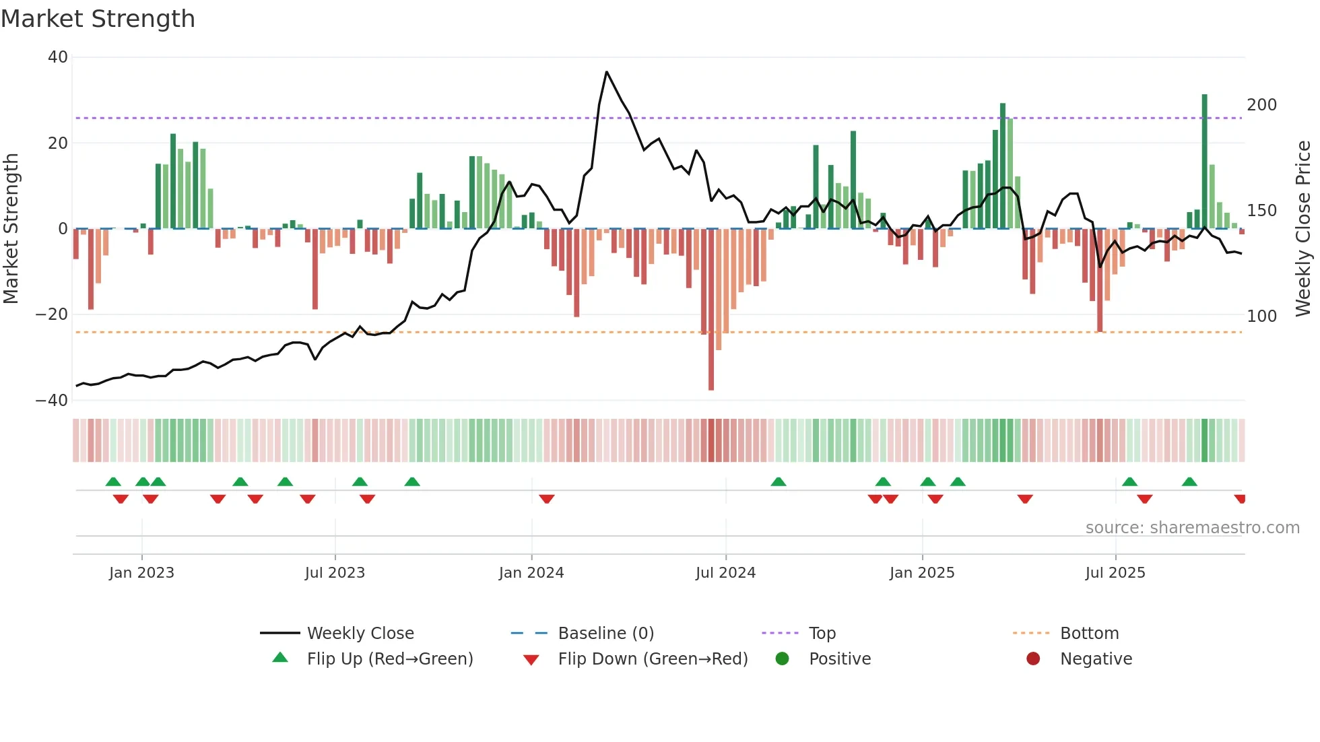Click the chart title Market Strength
pyautogui.click(x=98, y=19)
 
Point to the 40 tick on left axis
pyautogui.click(x=58, y=57)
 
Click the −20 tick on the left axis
pyautogui.click(x=53, y=314)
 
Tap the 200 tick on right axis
pyautogui.click(x=1261, y=105)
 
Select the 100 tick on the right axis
pyautogui.click(x=1261, y=316)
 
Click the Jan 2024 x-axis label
pyautogui.click(x=531, y=573)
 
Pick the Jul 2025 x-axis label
pyautogui.click(x=1115, y=573)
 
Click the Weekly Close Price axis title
pyautogui.click(x=1303, y=228)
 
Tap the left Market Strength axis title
pyautogui.click(x=11, y=228)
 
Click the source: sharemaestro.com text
pyautogui.click(x=1192, y=528)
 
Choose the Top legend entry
pyautogui.click(x=822, y=634)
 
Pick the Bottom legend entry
pyautogui.click(x=1089, y=634)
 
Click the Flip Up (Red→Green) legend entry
pyautogui.click(x=389, y=659)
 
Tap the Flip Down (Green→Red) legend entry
pyautogui.click(x=652, y=659)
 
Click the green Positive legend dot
pyautogui.click(x=782, y=659)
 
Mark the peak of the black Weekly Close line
pyautogui.click(x=606, y=72)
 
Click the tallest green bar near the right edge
pyautogui.click(x=1204, y=162)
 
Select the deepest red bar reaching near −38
pyautogui.click(x=711, y=310)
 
